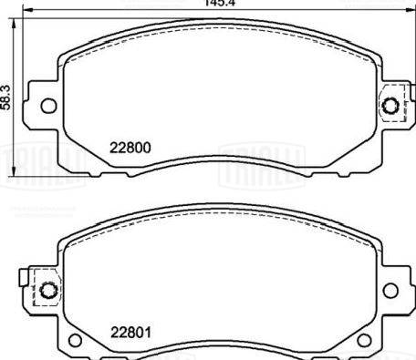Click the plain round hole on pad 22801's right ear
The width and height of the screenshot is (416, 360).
[390, 291]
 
